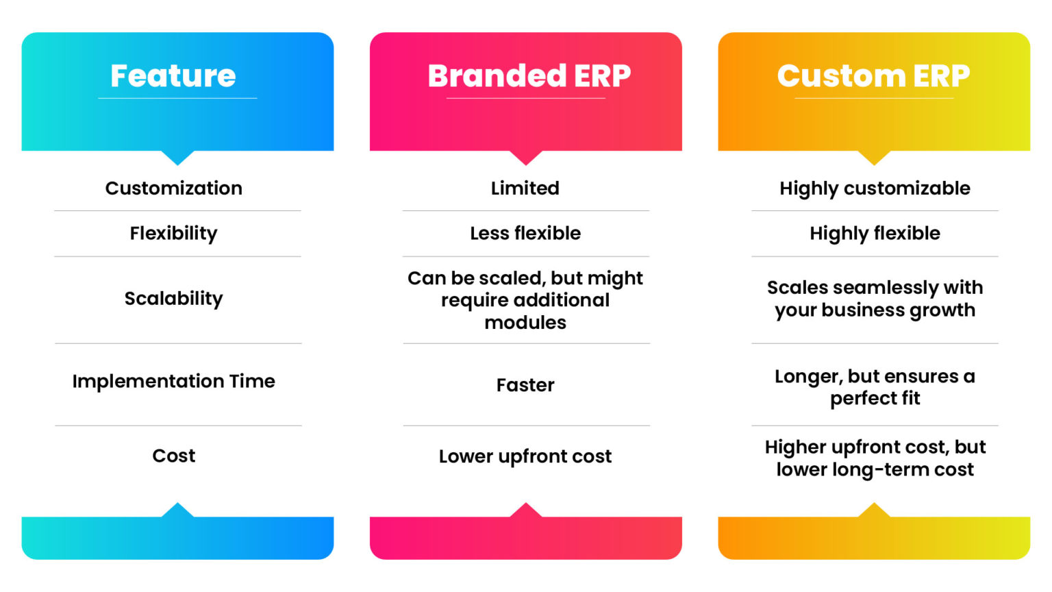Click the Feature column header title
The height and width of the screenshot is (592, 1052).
pos(173,75)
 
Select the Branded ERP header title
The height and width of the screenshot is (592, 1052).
pos(529,75)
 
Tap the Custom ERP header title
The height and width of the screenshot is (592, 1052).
pos(873,75)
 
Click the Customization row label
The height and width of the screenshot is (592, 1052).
pos(173,188)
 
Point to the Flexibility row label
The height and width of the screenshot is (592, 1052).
pos(173,233)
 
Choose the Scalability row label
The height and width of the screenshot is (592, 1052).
pos(173,298)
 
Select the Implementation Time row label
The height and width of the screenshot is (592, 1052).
pos(173,381)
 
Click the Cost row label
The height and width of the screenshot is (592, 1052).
pos(173,456)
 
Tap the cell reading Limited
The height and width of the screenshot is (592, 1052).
pos(525,188)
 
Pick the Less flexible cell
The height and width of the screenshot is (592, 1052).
pos(525,233)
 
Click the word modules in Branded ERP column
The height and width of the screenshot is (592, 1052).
pos(525,322)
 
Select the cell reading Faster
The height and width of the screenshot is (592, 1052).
pos(525,384)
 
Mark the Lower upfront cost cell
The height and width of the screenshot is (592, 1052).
pos(525,456)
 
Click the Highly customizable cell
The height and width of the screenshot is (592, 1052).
pos(875,188)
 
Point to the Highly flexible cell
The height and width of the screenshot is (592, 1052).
pos(875,233)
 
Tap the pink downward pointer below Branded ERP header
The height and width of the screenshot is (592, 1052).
pos(526,158)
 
